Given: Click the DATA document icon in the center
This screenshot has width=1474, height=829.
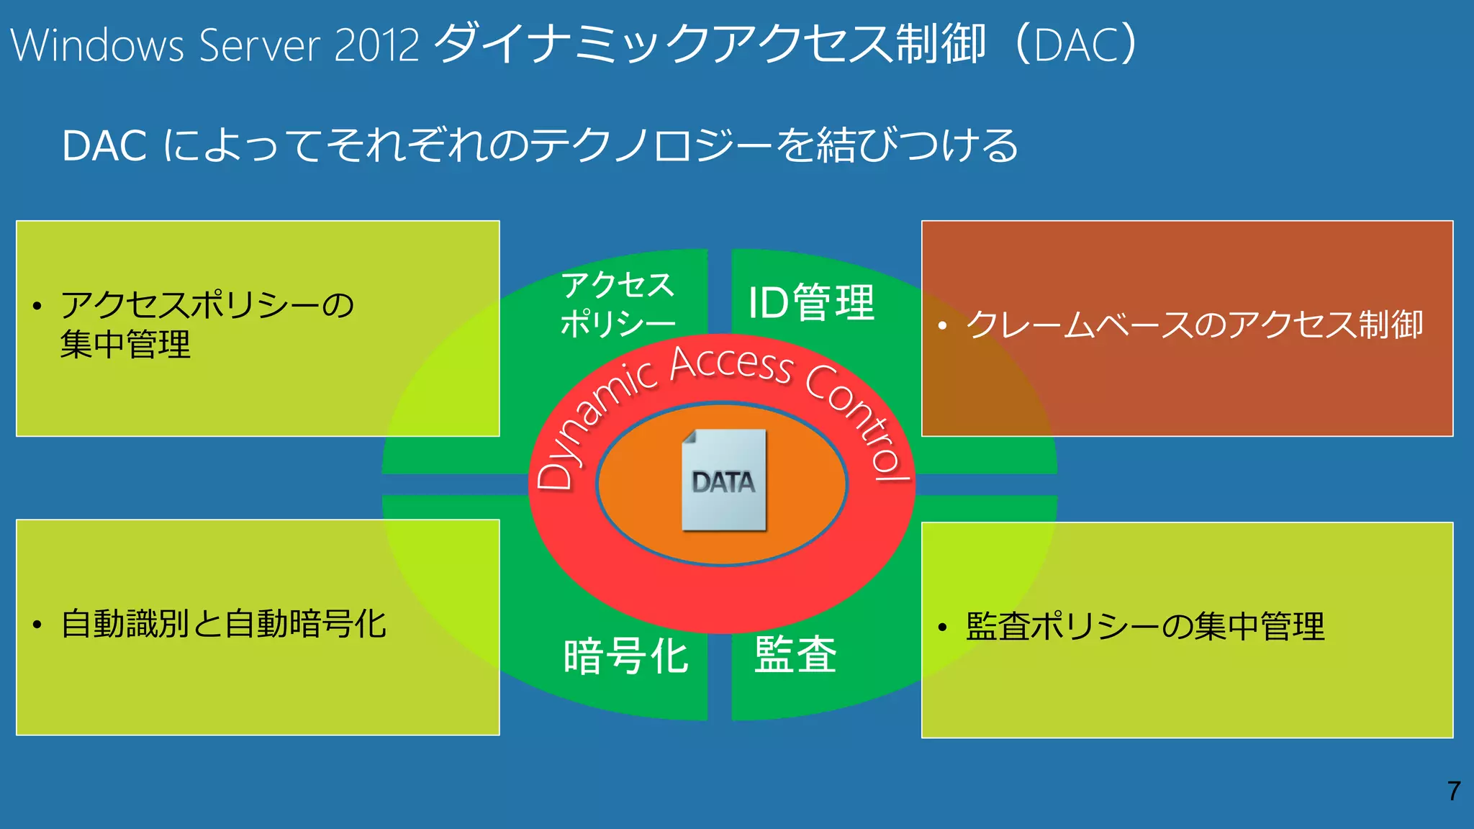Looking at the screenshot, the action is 724,480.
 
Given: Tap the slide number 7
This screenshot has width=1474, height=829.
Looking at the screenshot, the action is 1454,791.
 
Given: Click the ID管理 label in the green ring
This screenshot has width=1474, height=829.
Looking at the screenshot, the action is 811,302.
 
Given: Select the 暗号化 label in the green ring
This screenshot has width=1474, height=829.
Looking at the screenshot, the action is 626,656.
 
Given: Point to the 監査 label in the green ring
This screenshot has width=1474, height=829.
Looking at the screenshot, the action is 795,654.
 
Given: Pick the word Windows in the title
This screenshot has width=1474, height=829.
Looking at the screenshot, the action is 98,45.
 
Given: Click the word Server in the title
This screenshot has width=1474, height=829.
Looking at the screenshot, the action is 259,45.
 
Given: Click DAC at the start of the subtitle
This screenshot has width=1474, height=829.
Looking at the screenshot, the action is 104,146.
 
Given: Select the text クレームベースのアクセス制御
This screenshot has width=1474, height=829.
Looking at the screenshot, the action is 1194,325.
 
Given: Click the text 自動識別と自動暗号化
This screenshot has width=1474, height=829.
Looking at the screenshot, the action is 224,624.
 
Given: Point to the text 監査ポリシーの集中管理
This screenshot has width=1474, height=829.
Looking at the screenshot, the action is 1145,626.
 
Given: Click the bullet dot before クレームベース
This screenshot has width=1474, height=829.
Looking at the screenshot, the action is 942,326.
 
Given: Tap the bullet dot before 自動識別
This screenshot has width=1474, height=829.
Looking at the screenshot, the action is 37,625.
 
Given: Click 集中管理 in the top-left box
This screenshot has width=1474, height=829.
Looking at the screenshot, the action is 125,344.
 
